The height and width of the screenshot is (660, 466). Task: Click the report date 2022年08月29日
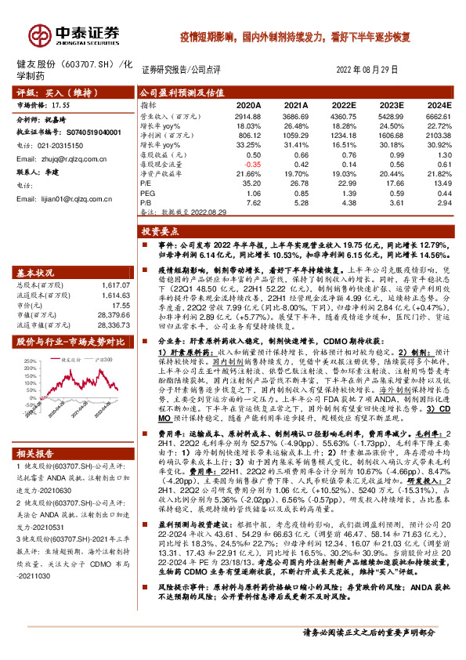[x=367, y=70]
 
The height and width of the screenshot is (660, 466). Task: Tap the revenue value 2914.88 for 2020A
[x=247, y=115]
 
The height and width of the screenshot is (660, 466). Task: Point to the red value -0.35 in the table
[x=251, y=164]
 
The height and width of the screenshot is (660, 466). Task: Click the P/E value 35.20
[x=250, y=183]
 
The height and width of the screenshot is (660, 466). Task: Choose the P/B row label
[x=147, y=202]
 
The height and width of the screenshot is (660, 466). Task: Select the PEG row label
[x=149, y=192]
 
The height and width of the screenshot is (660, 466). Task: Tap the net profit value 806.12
[x=249, y=135]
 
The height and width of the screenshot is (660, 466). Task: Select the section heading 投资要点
[x=161, y=232]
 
